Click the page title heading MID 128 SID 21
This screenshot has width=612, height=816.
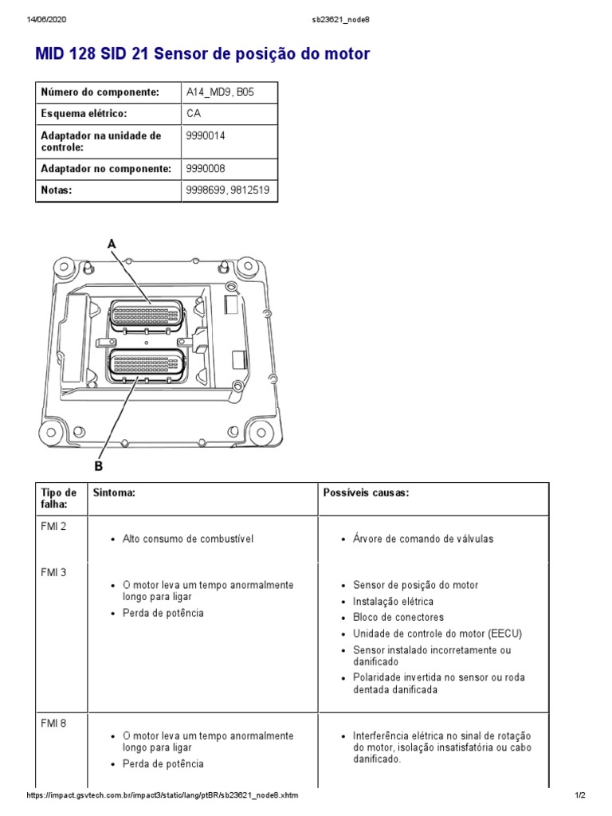click(202, 54)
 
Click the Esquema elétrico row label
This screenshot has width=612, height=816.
click(84, 114)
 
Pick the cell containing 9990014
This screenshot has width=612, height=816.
click(206, 136)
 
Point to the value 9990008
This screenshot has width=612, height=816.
click(206, 169)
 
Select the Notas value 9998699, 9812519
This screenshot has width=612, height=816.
click(227, 190)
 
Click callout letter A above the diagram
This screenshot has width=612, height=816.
click(112, 244)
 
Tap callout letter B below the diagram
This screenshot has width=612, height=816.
click(99, 466)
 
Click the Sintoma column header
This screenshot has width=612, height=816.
click(114, 493)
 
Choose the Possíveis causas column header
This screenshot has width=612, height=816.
click(366, 493)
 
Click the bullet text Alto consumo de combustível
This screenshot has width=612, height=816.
click(187, 539)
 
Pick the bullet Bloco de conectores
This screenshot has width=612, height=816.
click(398, 618)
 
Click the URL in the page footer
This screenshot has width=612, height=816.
click(163, 796)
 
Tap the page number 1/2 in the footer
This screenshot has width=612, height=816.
click(580, 796)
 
